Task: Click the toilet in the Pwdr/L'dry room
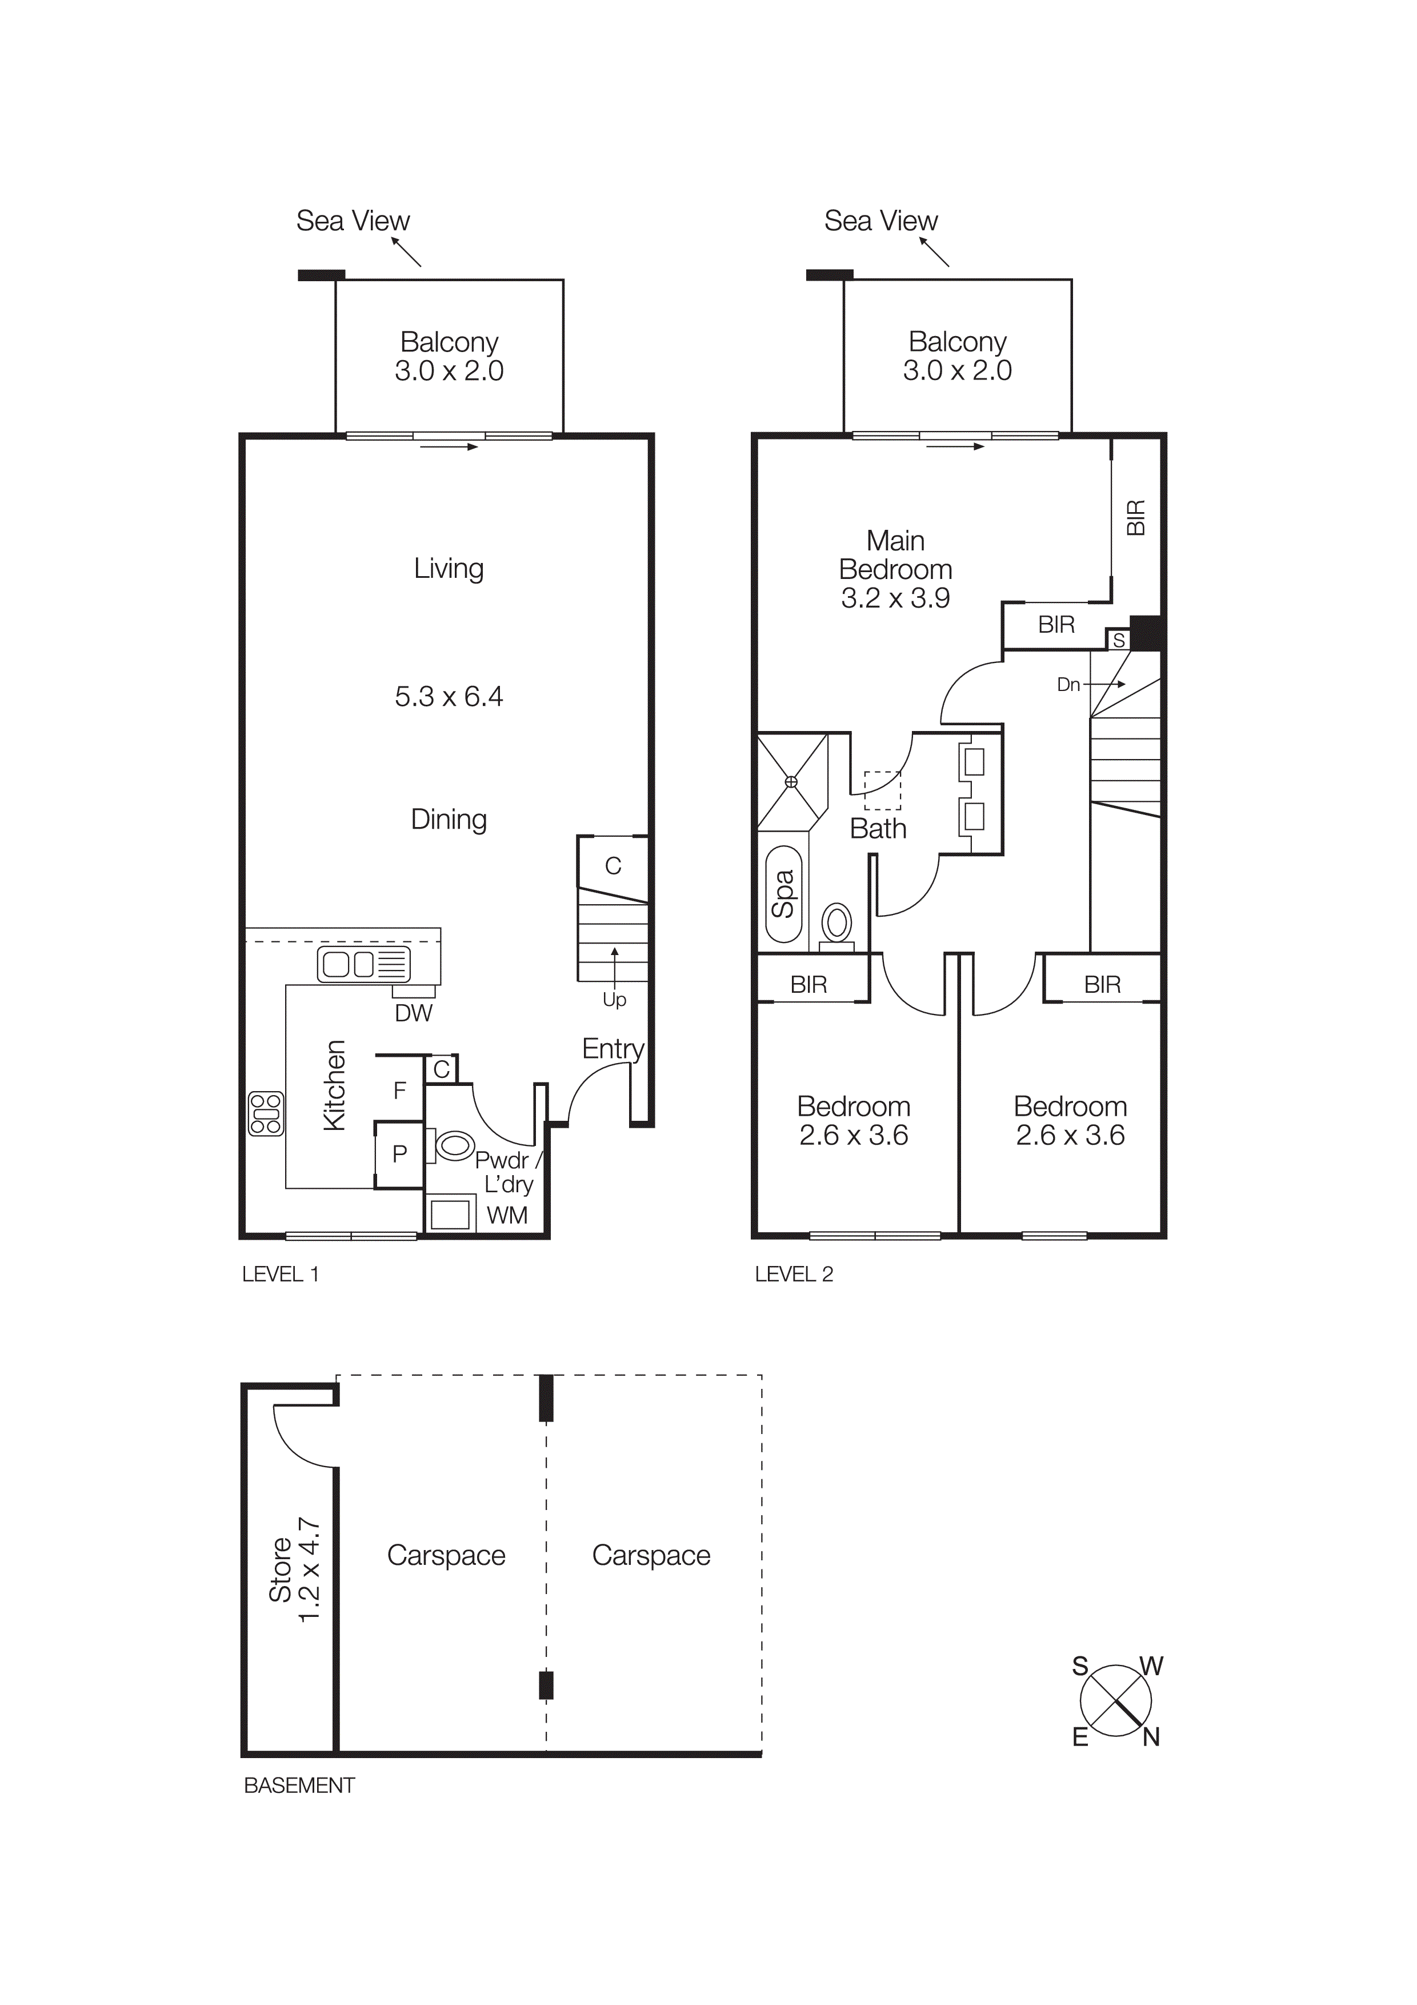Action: [454, 1145]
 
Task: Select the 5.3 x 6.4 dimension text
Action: [449, 696]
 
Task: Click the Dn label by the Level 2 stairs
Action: [1068, 685]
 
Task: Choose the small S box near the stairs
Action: [1118, 641]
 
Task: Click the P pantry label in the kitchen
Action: [400, 1155]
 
